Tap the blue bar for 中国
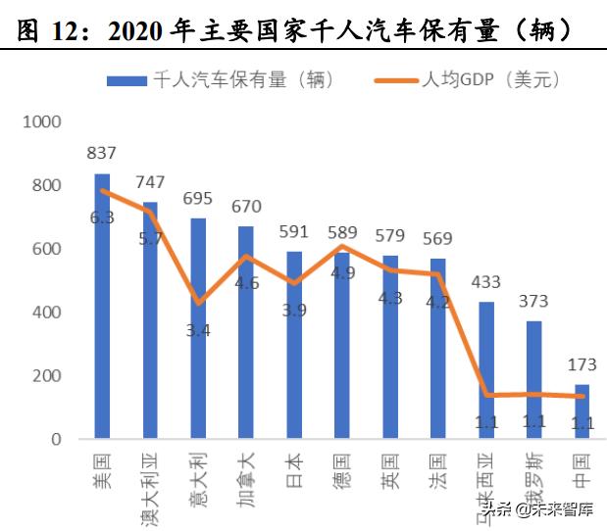click(x=582, y=411)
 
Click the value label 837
click(x=102, y=154)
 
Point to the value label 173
click(x=582, y=365)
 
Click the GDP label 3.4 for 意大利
click(x=198, y=330)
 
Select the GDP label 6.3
click(x=102, y=217)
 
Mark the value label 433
click(x=485, y=282)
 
